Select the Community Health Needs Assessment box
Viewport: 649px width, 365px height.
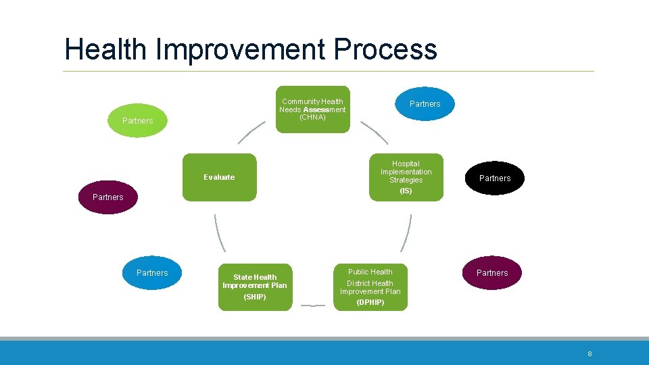coord(312,108)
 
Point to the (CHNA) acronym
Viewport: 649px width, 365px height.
coord(312,118)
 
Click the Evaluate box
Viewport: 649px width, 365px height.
coord(219,177)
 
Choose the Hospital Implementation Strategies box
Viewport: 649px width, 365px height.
coord(406,176)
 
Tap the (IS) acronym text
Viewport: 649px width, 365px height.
coord(406,191)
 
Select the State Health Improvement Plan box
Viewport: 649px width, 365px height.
coord(255,287)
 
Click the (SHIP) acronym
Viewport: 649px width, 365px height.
coord(255,297)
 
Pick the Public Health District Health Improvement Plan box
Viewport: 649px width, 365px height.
coord(370,287)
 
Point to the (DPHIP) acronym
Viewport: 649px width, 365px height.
coord(370,303)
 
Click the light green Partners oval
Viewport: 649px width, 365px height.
coord(137,121)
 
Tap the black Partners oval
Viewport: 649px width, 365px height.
coord(495,178)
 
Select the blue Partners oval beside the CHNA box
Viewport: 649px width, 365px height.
coord(425,104)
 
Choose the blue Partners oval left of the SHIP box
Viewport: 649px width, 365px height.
coord(152,273)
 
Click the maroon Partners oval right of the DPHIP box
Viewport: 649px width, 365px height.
coord(492,273)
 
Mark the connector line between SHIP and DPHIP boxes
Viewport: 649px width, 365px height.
coord(312,306)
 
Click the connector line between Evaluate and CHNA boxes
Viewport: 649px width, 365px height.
coord(251,132)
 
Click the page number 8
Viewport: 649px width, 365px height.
coord(590,354)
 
